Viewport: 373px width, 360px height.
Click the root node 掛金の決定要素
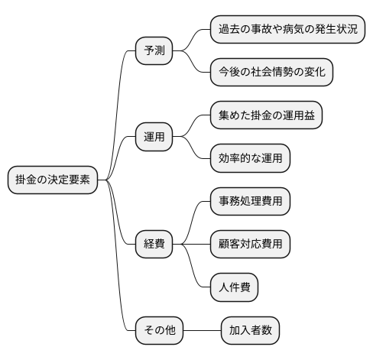click(53, 180)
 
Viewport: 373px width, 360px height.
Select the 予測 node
click(154, 52)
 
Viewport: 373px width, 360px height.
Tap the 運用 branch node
click(154, 138)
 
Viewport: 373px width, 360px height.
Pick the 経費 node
click(154, 245)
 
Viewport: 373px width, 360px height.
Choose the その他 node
click(160, 330)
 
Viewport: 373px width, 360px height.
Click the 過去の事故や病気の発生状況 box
click(287, 31)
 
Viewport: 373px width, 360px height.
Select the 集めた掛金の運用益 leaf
click(266, 116)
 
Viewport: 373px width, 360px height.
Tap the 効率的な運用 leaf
click(250, 159)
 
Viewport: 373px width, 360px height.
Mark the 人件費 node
click(234, 287)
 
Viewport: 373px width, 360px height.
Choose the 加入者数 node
click(250, 330)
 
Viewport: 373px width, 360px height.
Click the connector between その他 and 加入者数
click(202, 330)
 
